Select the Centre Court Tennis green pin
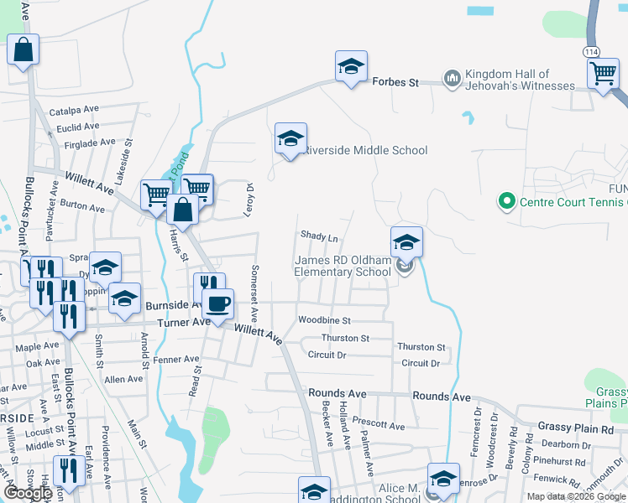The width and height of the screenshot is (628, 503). pyautogui.click(x=506, y=201)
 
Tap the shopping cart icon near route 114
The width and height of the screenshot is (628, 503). pyautogui.click(x=604, y=75)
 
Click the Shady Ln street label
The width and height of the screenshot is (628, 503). pyautogui.click(x=319, y=237)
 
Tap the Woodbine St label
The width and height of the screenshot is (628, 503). pyautogui.click(x=324, y=320)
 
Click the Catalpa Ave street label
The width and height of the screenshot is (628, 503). pyautogui.click(x=74, y=110)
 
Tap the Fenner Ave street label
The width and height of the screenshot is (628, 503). pyautogui.click(x=177, y=359)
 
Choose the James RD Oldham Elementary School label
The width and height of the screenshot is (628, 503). pyautogui.click(x=343, y=266)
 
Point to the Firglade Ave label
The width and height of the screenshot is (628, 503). pyautogui.click(x=90, y=143)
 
